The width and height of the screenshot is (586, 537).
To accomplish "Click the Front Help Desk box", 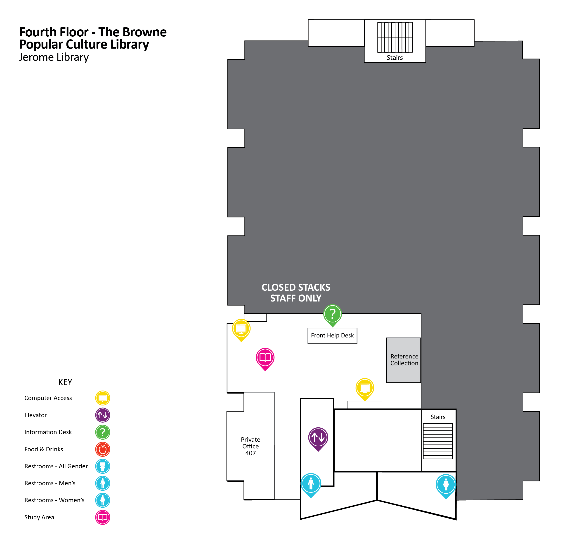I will click(332, 336).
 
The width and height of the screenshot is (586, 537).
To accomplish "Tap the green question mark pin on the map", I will click(332, 314).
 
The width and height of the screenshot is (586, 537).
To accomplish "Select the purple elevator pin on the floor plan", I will click(318, 438).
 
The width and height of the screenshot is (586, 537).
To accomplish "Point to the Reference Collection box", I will click(404, 360).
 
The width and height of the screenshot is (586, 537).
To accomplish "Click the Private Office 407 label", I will click(250, 446).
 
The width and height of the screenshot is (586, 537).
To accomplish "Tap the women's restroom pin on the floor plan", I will click(446, 484).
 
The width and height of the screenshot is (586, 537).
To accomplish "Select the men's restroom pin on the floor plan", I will click(311, 483).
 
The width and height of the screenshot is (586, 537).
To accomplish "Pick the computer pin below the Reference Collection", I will click(364, 388).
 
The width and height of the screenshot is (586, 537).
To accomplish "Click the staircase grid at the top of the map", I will click(395, 37).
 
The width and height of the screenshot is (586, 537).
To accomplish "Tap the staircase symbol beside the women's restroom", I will click(438, 441).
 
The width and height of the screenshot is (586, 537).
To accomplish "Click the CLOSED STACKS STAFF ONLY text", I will click(296, 293).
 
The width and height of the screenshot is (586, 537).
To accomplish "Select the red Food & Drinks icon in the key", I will click(103, 449).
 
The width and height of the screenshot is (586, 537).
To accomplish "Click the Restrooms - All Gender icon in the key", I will click(103, 466).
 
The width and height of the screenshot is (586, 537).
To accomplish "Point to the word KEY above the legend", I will click(65, 382).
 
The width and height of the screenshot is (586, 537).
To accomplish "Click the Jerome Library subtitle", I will click(54, 57).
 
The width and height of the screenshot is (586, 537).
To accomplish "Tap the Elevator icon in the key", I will click(103, 415).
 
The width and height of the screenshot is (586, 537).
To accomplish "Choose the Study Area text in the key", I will click(39, 517).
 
